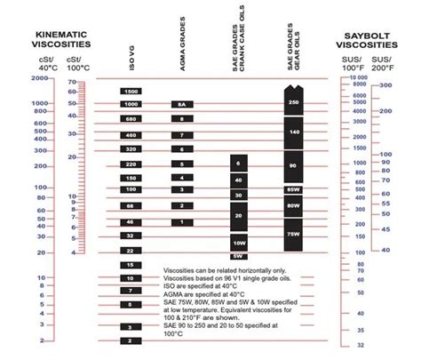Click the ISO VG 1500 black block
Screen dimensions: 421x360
tap(131, 92)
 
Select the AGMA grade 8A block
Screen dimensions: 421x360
tap(182, 104)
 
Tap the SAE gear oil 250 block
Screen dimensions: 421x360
tap(294, 102)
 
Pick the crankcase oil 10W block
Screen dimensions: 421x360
tap(239, 243)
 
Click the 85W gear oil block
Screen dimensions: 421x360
tap(294, 189)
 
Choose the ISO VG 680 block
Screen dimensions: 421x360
tap(131, 118)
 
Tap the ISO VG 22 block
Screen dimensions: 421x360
tap(131, 252)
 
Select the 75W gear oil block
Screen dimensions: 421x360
tap(294, 234)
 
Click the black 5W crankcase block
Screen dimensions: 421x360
tap(239, 257)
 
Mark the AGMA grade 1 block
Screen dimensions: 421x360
tap(182, 221)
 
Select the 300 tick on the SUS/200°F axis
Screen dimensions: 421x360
tap(385, 85)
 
